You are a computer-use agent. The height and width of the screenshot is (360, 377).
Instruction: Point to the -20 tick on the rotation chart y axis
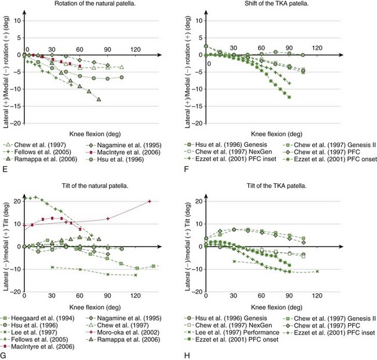16,123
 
